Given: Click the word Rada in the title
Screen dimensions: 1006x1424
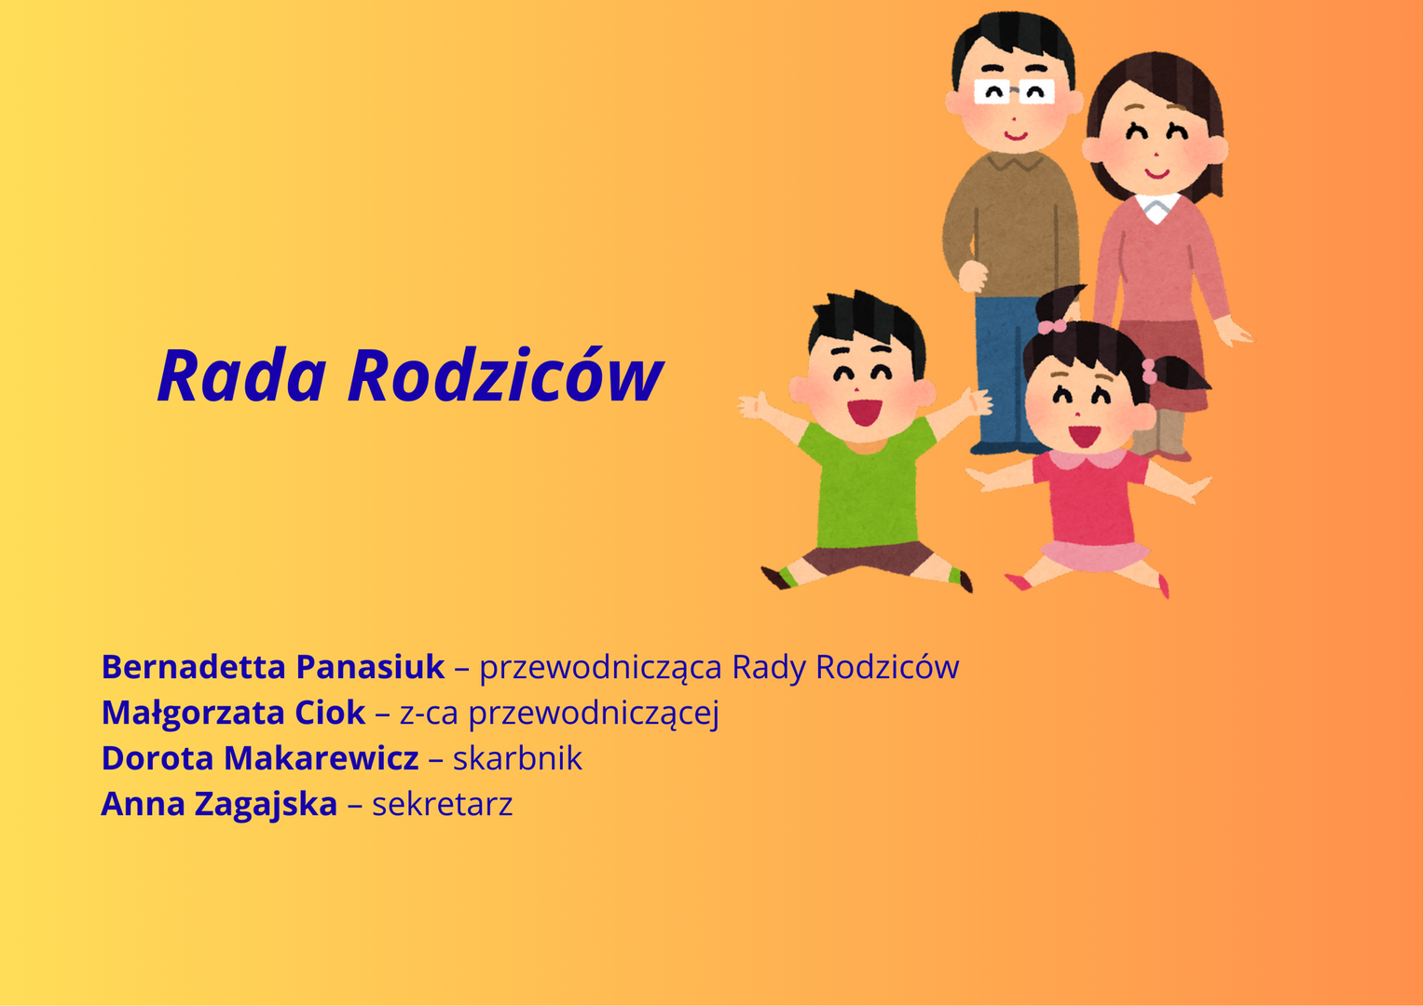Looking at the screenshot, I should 241,375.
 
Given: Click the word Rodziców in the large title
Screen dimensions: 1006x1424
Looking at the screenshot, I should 505,375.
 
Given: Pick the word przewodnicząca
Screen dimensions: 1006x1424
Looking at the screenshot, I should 600,667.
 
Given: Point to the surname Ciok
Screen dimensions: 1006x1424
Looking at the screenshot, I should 330,713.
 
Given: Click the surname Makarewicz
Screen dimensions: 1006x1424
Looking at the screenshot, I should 322,758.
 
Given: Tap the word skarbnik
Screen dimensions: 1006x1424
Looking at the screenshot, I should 517,758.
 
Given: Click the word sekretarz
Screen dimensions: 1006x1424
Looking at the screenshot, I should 442,804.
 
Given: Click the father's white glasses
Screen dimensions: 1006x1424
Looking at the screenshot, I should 1014,91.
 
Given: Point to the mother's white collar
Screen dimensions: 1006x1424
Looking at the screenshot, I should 1157,207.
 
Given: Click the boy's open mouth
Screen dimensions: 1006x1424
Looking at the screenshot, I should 864,411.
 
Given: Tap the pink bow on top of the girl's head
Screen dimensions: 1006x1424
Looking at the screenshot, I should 1051,326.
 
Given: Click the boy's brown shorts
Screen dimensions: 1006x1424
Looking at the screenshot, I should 868,558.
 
